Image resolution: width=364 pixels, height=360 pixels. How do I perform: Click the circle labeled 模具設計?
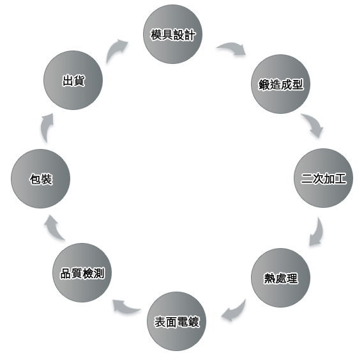[172, 34]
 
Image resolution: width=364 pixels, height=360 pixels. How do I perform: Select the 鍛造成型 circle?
[280, 84]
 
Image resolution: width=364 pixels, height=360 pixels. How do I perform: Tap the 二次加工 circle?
[323, 178]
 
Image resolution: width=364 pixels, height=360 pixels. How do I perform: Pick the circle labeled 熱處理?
[280, 278]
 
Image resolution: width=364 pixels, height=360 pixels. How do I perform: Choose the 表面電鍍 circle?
[177, 321]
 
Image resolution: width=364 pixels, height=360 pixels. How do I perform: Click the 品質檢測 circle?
[82, 272]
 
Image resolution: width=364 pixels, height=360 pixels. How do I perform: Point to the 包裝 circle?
[41, 178]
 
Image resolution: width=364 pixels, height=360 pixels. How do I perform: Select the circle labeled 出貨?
[73, 80]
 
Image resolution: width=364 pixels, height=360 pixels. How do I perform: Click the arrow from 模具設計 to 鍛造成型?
[233, 47]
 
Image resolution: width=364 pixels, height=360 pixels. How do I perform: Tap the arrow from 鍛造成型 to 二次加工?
[314, 123]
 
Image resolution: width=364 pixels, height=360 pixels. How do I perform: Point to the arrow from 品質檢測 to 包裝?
[53, 229]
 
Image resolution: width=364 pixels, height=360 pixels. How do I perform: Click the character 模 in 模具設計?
[156, 35]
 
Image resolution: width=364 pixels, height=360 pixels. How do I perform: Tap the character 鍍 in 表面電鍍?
[193, 322]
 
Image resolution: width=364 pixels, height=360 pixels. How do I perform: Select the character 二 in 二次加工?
[307, 178]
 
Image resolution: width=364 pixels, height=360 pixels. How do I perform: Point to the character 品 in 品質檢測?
[66, 273]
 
